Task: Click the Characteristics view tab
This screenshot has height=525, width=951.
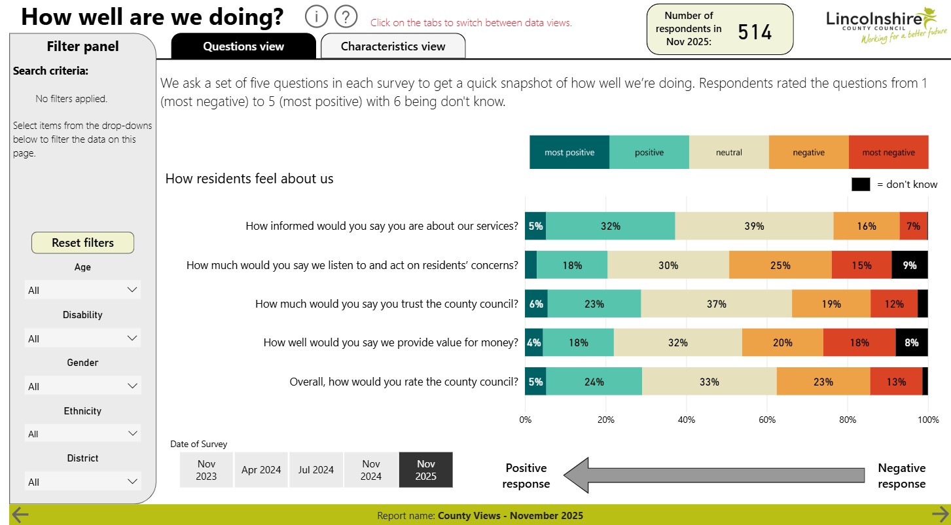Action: (x=393, y=46)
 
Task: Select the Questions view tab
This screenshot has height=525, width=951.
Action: (x=243, y=46)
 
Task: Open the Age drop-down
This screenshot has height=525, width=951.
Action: (x=82, y=290)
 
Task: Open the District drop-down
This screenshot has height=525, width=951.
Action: (x=82, y=482)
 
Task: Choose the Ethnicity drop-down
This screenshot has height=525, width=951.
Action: (x=82, y=434)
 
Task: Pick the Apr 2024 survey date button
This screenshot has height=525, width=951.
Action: (x=261, y=470)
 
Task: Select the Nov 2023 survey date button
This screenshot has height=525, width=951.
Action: (x=206, y=470)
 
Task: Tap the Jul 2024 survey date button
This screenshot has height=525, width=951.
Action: (x=316, y=470)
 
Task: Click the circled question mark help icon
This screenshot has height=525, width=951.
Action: (x=346, y=17)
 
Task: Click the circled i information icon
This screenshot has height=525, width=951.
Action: (x=315, y=17)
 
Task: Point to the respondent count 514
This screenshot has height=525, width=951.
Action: (x=755, y=31)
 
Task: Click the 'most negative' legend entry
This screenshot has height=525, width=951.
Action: (x=888, y=153)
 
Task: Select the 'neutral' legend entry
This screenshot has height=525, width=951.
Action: (x=728, y=153)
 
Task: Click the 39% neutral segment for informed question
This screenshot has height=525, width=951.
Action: (x=754, y=226)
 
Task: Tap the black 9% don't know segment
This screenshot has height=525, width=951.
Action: (x=910, y=265)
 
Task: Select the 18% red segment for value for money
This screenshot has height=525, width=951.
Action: (x=859, y=342)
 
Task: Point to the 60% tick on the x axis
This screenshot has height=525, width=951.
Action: (x=766, y=420)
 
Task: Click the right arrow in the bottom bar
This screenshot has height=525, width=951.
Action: (x=939, y=515)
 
